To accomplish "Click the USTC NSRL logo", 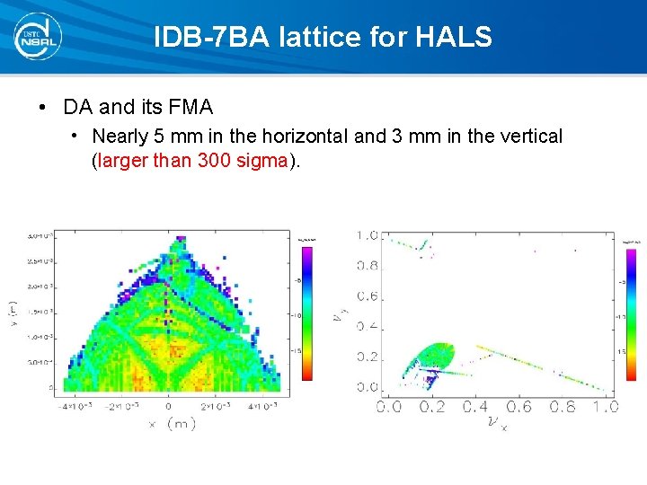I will point(37,37).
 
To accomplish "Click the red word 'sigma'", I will point(262,162).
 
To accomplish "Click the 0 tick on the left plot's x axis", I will point(169,407).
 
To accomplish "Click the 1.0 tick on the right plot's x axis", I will point(606,407).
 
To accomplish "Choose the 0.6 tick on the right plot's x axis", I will point(518,407).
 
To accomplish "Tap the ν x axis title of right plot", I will point(497,422).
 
